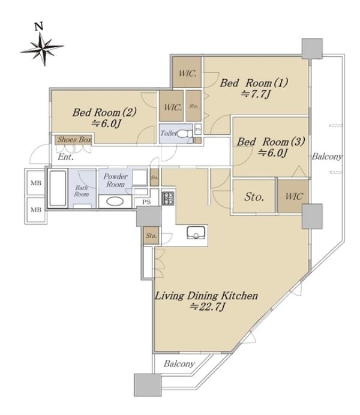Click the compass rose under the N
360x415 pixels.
click(43, 48)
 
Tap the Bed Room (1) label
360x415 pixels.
click(254, 83)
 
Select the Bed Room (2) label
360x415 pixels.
click(104, 112)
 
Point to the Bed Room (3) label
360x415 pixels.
click(271, 142)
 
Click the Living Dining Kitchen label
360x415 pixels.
click(206, 296)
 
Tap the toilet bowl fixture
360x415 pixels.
click(184, 134)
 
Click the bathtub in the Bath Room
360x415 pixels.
click(58, 188)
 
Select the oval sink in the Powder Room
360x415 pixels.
click(115, 202)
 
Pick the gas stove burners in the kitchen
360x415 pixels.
click(168, 199)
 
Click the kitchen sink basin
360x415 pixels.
click(195, 233)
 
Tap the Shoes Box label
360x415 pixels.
click(74, 140)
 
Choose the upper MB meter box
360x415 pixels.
click(35, 182)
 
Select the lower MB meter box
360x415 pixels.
click(36, 210)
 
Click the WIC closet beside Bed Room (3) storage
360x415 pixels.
click(293, 196)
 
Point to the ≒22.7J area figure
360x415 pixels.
click(207, 306)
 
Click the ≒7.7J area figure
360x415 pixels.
click(256, 94)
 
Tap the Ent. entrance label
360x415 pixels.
click(65, 157)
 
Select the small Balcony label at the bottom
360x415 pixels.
click(179, 363)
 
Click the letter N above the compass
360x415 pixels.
click(39, 26)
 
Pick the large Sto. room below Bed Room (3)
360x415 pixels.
click(254, 196)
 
